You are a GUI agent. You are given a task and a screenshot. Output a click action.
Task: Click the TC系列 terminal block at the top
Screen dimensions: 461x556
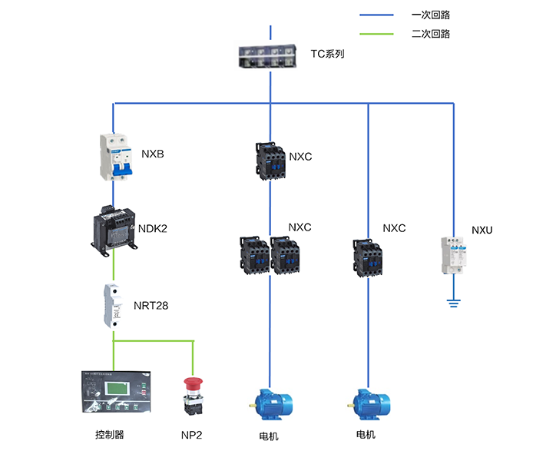click(270, 55)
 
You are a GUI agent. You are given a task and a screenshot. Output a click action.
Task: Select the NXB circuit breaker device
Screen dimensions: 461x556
click(114, 157)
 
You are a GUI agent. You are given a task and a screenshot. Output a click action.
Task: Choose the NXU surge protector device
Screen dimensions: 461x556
click(453, 256)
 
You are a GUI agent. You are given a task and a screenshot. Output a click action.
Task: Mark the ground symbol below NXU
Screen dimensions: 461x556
click(453, 303)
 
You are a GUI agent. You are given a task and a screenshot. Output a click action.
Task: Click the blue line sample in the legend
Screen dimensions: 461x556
click(376, 15)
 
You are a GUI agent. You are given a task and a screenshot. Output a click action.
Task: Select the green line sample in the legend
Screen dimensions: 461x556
click(376, 34)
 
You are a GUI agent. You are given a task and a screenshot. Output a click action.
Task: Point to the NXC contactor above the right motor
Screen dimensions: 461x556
click(369, 256)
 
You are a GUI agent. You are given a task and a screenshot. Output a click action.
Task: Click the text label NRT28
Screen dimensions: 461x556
click(151, 306)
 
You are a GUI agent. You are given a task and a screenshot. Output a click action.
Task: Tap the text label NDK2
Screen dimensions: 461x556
click(153, 228)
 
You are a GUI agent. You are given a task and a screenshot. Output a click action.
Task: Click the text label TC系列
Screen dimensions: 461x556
click(327, 55)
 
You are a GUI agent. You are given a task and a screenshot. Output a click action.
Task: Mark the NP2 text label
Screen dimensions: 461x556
click(192, 436)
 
